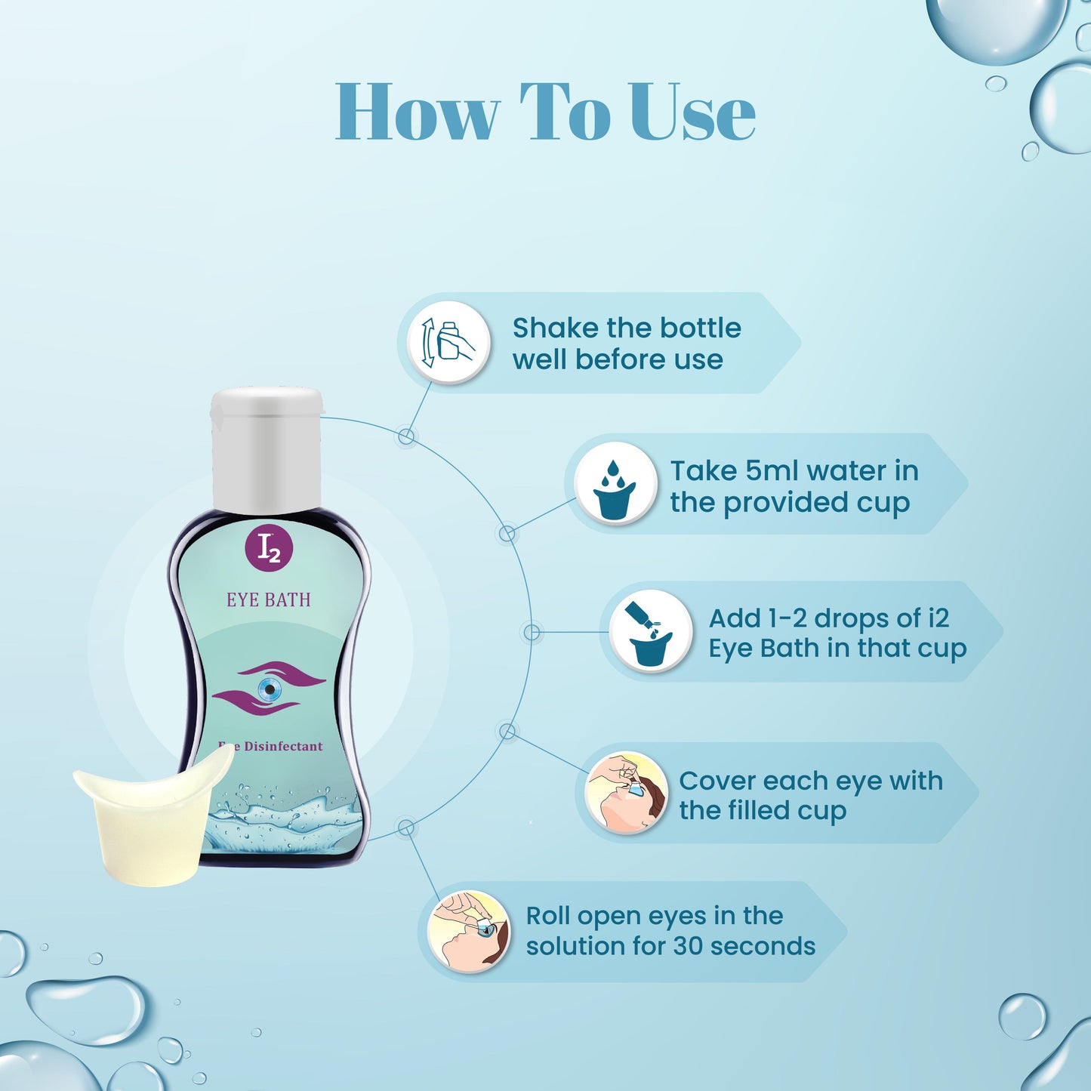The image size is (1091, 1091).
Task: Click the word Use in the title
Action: tap(692, 113)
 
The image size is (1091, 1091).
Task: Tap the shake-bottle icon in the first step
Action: tap(449, 343)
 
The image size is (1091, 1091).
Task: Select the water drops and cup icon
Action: tap(615, 484)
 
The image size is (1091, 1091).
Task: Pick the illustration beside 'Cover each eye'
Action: tap(627, 792)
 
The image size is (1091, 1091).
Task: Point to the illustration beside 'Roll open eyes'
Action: tap(469, 931)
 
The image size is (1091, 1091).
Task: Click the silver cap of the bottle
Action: tap(267, 449)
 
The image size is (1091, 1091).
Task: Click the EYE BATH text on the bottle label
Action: tap(269, 599)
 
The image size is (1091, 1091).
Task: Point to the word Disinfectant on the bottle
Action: tap(283, 746)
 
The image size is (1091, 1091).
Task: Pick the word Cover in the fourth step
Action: tap(713, 781)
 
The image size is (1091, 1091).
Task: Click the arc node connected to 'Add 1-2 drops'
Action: tap(532, 632)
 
